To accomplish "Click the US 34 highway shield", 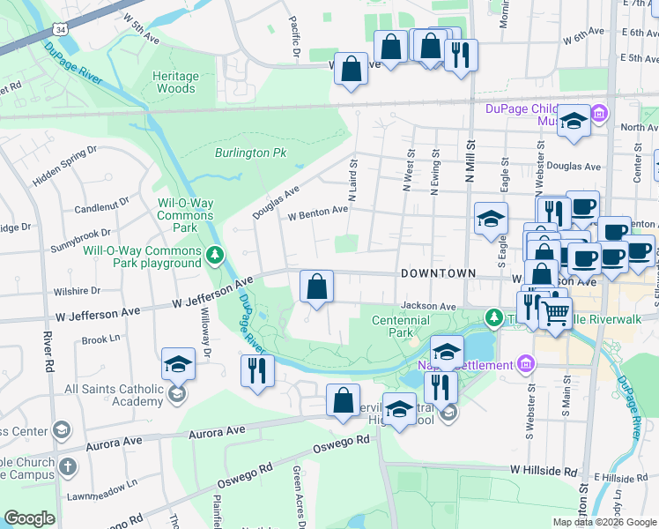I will click(x=60, y=29).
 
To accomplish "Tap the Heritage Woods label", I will click(x=174, y=83).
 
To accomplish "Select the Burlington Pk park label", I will click(x=251, y=153).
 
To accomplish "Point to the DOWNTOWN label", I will click(x=438, y=274).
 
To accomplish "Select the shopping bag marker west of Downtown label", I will click(x=317, y=286).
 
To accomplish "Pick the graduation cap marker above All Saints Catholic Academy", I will click(x=178, y=363).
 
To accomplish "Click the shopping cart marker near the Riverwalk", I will click(x=555, y=311).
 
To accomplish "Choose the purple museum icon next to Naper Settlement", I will click(x=526, y=364).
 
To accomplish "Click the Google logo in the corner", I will click(x=30, y=518).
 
